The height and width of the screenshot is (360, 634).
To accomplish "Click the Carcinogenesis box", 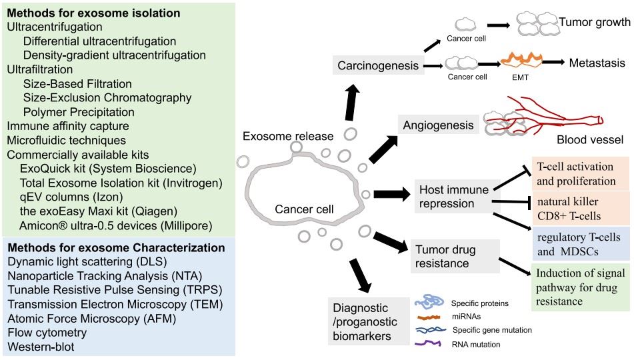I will point(378,66).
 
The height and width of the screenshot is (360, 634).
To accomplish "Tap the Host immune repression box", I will point(451,195).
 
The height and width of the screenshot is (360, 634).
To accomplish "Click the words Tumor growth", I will point(594,22).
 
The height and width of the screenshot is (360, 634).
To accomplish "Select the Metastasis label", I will point(597,63).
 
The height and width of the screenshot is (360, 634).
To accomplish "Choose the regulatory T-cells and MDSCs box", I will point(579,244).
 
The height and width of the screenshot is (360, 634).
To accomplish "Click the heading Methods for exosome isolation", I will point(93,13).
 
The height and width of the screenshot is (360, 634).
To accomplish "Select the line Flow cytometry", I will point(47,331).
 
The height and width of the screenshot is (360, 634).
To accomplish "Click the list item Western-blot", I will point(40,347).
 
